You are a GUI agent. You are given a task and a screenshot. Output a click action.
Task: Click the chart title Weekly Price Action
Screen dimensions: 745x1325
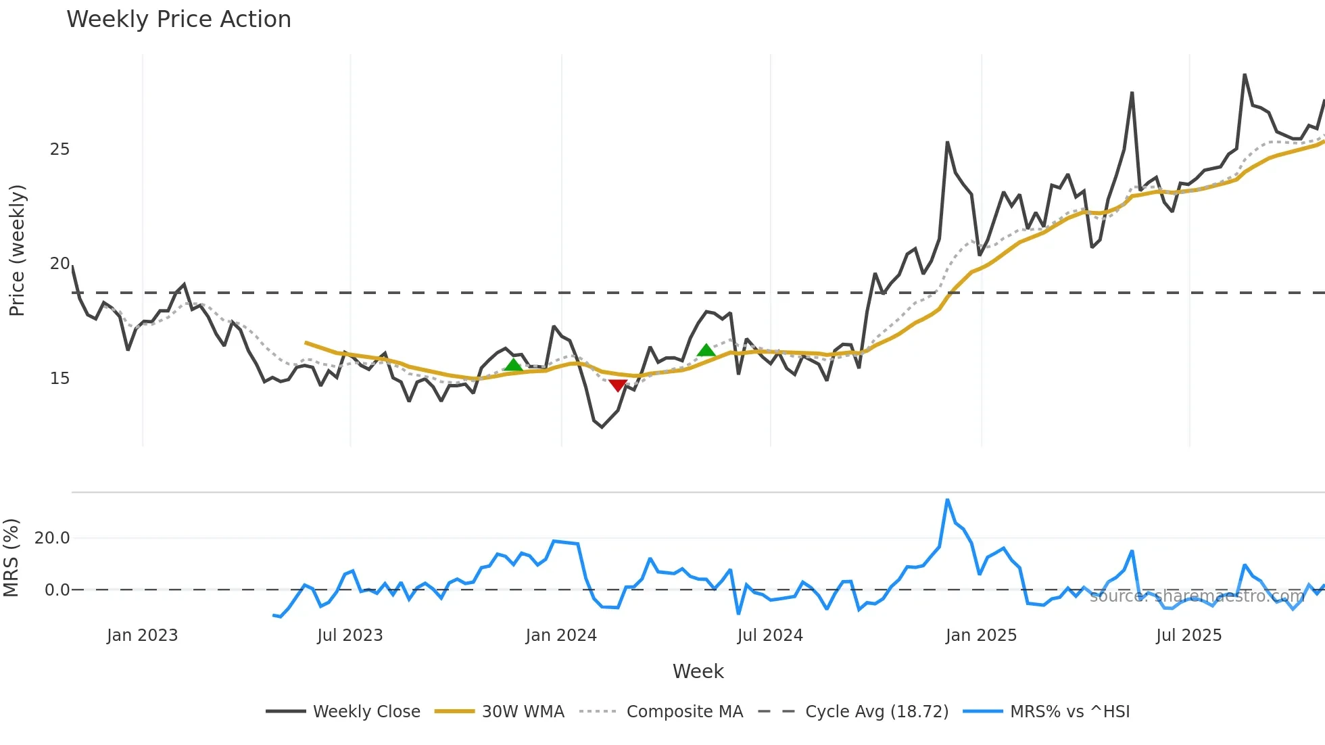(178, 19)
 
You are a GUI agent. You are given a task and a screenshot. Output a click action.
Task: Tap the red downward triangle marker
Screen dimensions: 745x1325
(617, 385)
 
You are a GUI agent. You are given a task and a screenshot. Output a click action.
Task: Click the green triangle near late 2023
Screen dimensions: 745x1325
(514, 365)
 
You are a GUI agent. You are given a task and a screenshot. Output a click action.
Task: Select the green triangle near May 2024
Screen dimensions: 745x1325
(706, 350)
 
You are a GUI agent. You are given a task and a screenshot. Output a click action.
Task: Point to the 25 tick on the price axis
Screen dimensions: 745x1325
(59, 149)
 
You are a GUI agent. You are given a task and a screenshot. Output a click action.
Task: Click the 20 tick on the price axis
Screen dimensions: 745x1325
(59, 264)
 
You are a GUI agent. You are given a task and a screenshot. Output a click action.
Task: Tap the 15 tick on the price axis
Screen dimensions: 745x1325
(59, 379)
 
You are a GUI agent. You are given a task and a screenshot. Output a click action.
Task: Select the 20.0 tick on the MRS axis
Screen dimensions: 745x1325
(52, 538)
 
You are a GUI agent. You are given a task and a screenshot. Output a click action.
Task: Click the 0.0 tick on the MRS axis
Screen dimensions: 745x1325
(57, 590)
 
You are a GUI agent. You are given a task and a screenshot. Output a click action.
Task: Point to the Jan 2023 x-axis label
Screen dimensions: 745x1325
(142, 635)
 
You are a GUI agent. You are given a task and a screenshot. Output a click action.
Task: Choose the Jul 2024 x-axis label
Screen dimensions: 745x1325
(770, 635)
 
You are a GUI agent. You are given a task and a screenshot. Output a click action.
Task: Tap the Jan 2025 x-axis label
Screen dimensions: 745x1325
(981, 635)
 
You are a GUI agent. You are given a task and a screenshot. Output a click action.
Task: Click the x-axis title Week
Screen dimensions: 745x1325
(698, 671)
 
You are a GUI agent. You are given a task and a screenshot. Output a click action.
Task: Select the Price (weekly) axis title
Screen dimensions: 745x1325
(17, 250)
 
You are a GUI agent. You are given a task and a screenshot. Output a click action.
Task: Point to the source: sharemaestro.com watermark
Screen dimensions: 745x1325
(1197, 596)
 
